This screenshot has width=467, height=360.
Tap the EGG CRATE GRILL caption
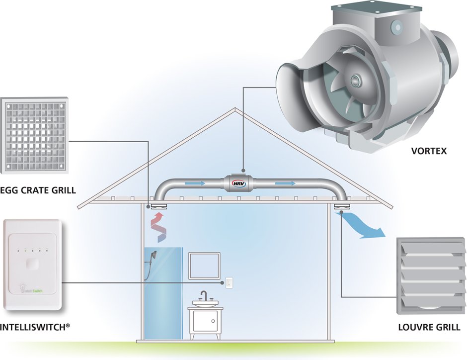click(38, 190)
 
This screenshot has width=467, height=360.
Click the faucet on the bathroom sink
click(204, 296)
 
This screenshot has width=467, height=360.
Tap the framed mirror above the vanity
click(204, 266)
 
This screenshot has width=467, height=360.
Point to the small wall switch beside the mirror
click(229, 282)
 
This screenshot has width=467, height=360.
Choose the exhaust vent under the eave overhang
click(342, 206)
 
